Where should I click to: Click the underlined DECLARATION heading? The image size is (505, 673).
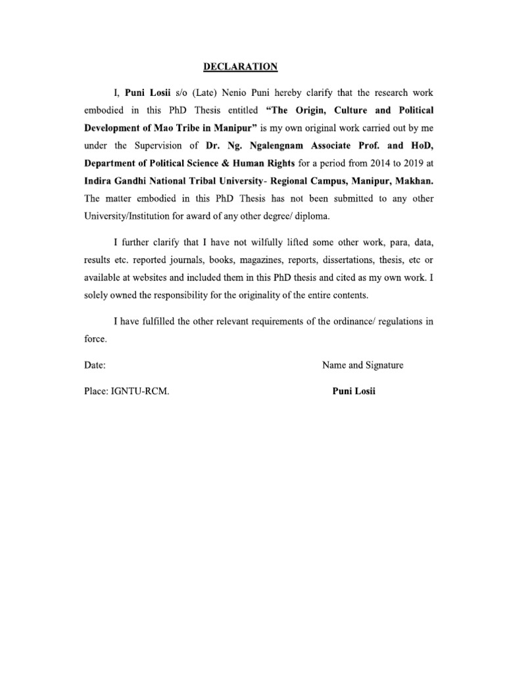(x=240, y=66)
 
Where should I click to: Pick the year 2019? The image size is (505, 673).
(x=396, y=163)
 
